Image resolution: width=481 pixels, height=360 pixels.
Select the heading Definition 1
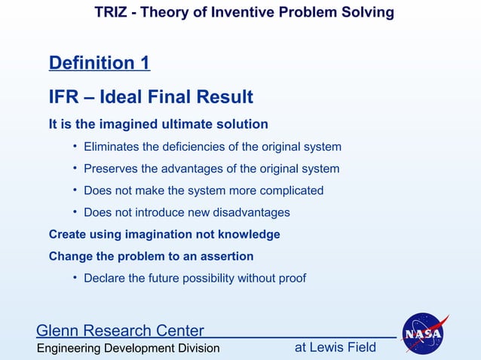tap(99, 63)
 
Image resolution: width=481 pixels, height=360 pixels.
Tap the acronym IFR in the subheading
tap(65, 97)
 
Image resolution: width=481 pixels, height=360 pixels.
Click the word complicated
tap(290, 191)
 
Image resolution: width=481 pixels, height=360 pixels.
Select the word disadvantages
tap(252, 212)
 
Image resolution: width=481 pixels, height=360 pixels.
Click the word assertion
tap(225, 256)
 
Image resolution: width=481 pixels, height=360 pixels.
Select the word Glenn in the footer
tap(60, 331)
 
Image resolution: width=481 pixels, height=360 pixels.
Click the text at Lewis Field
tap(334, 347)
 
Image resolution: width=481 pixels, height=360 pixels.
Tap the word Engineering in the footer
tap(72, 348)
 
